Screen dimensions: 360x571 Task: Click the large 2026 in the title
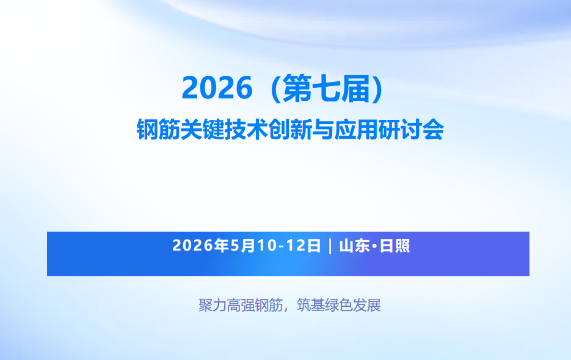pyautogui.click(x=217, y=88)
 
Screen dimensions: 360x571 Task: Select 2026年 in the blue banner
pyautogui.click(x=201, y=246)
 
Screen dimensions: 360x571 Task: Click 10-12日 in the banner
pyautogui.click(x=288, y=246)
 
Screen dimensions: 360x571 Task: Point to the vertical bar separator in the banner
pyautogui.click(x=330, y=246)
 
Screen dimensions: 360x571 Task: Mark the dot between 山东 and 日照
pyautogui.click(x=374, y=246)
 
